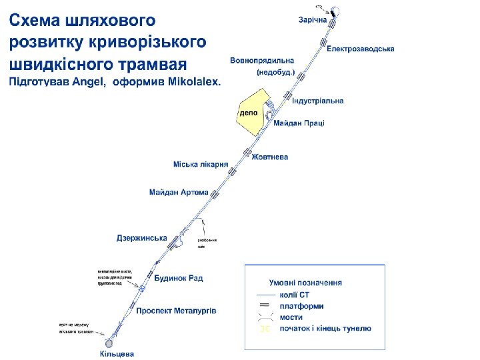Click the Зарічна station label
pyautogui.click(x=312, y=20)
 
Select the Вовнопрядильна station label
pyautogui.click(x=262, y=61)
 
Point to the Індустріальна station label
pyautogui.click(x=317, y=101)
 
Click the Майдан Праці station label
pyautogui.click(x=298, y=123)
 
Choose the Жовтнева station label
pyautogui.click(x=269, y=157)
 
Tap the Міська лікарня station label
pyautogui.click(x=201, y=164)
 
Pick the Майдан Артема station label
pyautogui.click(x=179, y=193)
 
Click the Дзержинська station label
pyautogui.click(x=141, y=238)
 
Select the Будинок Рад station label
pyautogui.click(x=179, y=278)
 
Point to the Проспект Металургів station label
pyautogui.click(x=176, y=311)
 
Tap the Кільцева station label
pyautogui.click(x=117, y=354)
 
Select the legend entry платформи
pyautogui.click(x=301, y=306)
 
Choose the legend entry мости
pyautogui.click(x=291, y=317)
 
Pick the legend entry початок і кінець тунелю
pyautogui.click(x=325, y=329)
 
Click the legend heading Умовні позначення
pyautogui.click(x=305, y=283)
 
